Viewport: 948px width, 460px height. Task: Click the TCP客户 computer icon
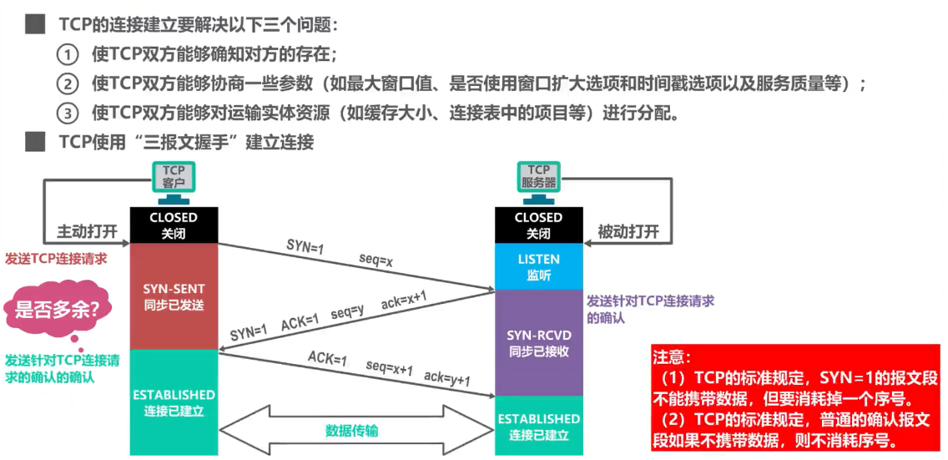(x=173, y=183)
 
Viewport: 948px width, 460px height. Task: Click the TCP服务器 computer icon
(x=538, y=183)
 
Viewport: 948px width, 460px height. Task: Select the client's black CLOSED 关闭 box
(x=173, y=225)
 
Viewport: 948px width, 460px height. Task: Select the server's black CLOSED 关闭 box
(x=538, y=225)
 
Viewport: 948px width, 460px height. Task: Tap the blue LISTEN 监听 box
(x=538, y=266)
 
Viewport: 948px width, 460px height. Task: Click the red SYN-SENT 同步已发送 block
(x=173, y=296)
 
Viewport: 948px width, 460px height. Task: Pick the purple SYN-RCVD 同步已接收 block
(x=538, y=342)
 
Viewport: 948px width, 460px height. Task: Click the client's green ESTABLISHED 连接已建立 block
(x=173, y=402)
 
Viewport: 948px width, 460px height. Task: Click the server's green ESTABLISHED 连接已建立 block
(x=538, y=426)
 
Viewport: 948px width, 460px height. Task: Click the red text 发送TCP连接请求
(x=56, y=259)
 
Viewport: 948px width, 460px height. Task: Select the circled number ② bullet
(x=67, y=84)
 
